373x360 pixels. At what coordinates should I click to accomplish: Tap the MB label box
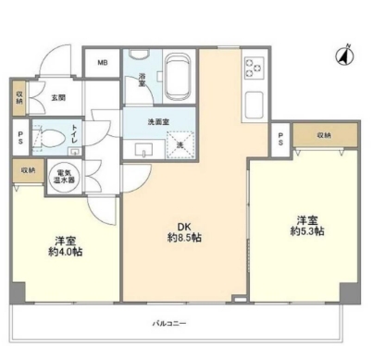click(101, 63)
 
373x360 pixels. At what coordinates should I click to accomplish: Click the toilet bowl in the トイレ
click(51, 138)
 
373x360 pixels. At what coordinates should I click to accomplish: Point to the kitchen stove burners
click(255, 68)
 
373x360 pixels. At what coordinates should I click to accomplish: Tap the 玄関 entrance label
click(57, 97)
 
